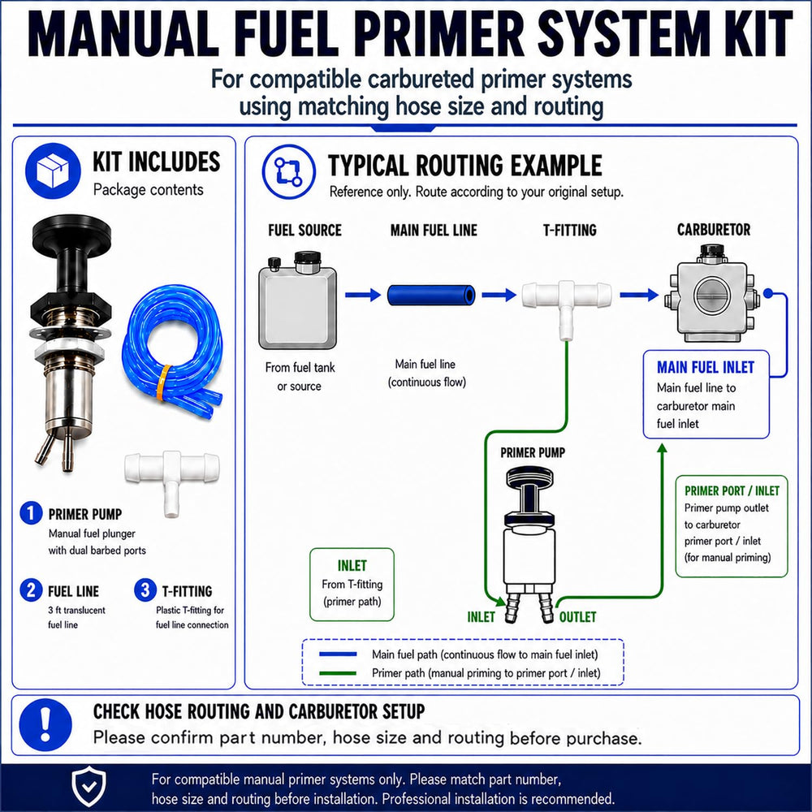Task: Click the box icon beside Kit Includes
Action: [x=53, y=171]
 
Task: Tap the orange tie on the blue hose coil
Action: [x=165, y=382]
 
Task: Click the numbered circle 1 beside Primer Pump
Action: [x=31, y=512]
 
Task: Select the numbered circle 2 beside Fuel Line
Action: [x=31, y=590]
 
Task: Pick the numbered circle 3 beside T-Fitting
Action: [x=145, y=590]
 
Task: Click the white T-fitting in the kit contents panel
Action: [x=172, y=477]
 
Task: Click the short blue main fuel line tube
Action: [x=431, y=296]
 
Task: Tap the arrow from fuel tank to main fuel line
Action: [x=362, y=296]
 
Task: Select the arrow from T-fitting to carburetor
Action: [x=638, y=296]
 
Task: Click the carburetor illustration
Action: [x=713, y=294]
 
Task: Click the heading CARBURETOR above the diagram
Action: [x=713, y=230]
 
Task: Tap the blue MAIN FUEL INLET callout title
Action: [x=706, y=367]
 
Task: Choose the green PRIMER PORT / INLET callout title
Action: [x=732, y=490]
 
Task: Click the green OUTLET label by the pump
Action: [x=577, y=617]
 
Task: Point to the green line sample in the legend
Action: [x=338, y=673]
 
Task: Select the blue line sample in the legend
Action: [x=338, y=654]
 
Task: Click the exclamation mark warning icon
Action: [x=45, y=724]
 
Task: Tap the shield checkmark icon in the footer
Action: [x=89, y=786]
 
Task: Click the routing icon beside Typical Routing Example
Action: [x=288, y=171]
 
